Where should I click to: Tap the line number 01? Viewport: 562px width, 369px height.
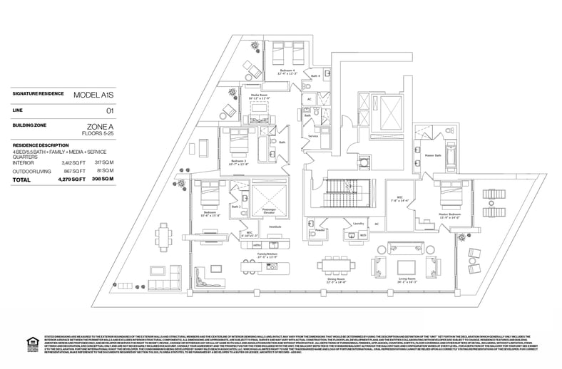pyautogui.click(x=110, y=110)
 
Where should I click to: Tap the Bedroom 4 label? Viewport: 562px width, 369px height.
pyautogui.click(x=287, y=69)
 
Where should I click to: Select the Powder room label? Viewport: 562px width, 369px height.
pyautogui.click(x=320, y=230)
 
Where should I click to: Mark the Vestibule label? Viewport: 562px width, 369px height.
pyautogui.click(x=275, y=227)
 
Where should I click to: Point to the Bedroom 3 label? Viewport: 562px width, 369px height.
pyautogui.click(x=237, y=161)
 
